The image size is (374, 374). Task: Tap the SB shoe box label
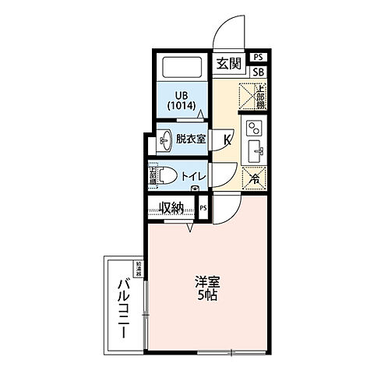259,72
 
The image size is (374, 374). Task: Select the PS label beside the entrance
259,57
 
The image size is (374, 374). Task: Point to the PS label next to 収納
203,208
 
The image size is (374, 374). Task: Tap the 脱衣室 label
190,139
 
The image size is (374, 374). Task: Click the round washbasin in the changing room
166,140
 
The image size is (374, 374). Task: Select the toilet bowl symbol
168,175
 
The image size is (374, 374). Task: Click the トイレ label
192,176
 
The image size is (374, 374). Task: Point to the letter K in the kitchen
228,140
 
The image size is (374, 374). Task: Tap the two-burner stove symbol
255,128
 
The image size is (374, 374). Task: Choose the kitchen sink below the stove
254,150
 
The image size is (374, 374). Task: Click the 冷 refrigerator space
253,177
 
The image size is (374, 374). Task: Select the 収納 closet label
171,207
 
